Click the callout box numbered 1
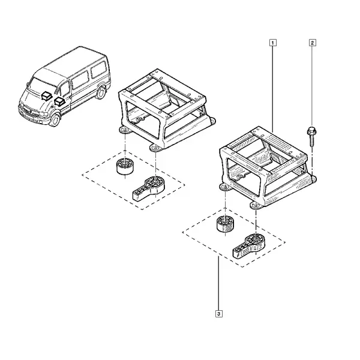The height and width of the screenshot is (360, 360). point(273,43)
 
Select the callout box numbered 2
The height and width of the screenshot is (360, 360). point(312,43)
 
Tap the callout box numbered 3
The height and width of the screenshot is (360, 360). point(219,314)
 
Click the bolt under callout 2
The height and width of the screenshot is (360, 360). point(312,136)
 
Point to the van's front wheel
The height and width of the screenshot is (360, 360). point(55,119)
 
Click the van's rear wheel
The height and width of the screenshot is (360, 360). point(100,92)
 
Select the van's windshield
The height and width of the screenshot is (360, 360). point(41,86)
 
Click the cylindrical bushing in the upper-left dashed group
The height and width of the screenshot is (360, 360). point(125,167)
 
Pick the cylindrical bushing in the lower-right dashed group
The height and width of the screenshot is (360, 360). point(225,224)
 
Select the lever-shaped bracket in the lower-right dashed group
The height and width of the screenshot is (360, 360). point(247,246)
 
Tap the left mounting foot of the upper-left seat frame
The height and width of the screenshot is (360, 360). point(125,131)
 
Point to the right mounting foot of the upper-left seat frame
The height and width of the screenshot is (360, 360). point(212,121)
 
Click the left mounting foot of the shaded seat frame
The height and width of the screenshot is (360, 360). point(225,187)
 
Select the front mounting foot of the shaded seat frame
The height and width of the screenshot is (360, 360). point(256,205)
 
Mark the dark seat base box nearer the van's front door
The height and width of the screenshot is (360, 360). point(59,101)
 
